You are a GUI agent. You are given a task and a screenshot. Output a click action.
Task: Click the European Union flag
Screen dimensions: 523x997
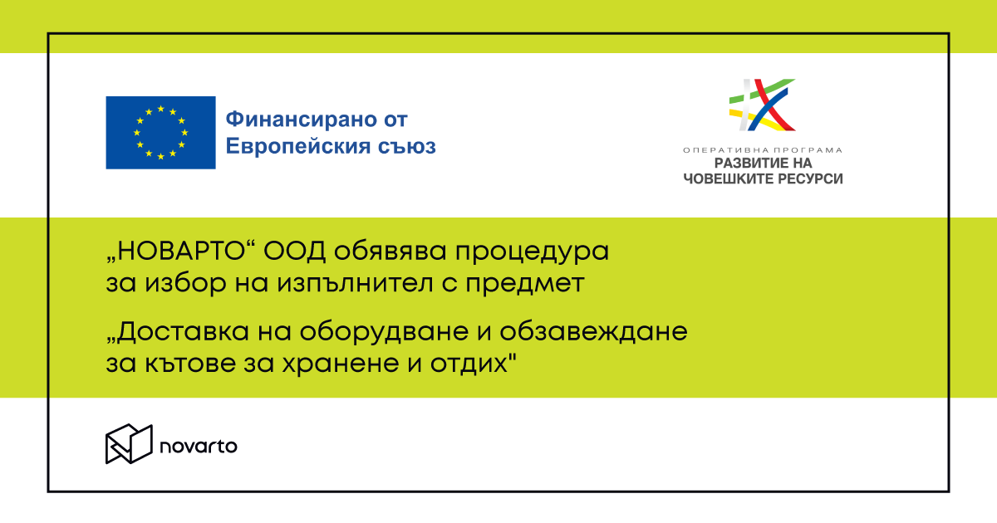(160, 133)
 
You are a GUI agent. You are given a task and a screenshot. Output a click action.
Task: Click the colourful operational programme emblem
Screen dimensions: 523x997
(762, 105)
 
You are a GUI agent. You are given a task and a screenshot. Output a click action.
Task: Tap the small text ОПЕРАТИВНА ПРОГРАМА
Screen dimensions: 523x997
(762, 150)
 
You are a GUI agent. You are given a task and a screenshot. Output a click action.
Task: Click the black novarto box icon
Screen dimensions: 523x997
(129, 444)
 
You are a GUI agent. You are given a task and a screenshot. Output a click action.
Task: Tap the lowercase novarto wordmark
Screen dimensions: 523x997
(199, 446)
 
